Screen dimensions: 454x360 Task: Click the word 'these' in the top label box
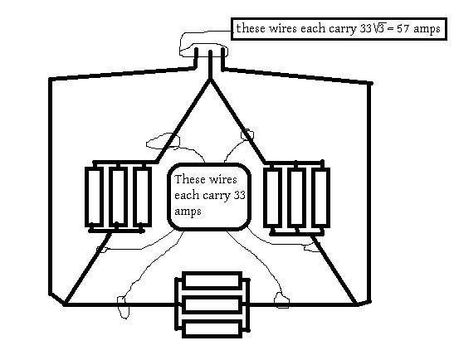251,29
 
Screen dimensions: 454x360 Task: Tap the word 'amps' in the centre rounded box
188,212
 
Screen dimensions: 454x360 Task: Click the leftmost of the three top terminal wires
196,59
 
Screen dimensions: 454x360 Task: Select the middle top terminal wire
210,65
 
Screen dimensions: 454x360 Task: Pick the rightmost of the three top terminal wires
222,59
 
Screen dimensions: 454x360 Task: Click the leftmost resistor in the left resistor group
94,197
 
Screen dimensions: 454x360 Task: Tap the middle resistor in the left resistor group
118,197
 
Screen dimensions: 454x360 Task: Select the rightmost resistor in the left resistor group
142,197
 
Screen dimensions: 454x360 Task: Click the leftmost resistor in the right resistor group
273,198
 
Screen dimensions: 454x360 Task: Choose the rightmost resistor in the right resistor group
321,198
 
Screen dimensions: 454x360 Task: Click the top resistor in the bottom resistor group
212,280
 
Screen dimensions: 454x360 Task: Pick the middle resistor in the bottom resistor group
212,304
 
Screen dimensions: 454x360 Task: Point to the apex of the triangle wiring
210,80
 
